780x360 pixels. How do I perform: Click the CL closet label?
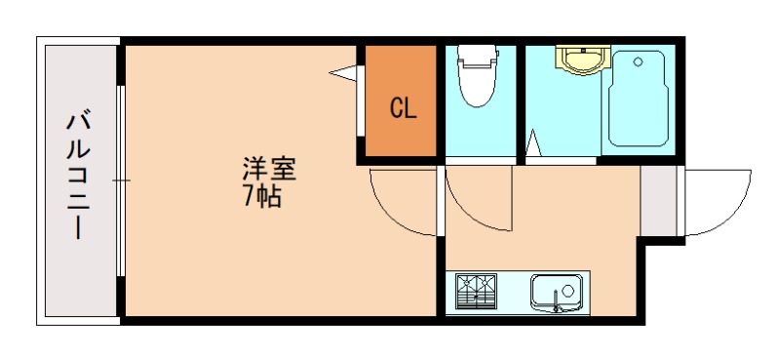[x=403, y=108]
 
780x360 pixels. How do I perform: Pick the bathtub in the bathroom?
[x=636, y=101]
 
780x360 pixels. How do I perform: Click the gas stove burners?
[x=476, y=291]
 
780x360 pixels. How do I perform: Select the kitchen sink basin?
[x=556, y=291]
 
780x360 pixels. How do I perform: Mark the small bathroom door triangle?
[x=532, y=144]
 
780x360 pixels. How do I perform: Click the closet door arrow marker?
[x=344, y=72]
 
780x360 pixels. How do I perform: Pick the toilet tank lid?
[x=477, y=55]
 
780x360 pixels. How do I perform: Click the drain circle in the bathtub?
[x=639, y=61]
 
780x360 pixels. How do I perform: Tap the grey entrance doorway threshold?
[x=659, y=201]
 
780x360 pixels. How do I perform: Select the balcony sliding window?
[x=120, y=180]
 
